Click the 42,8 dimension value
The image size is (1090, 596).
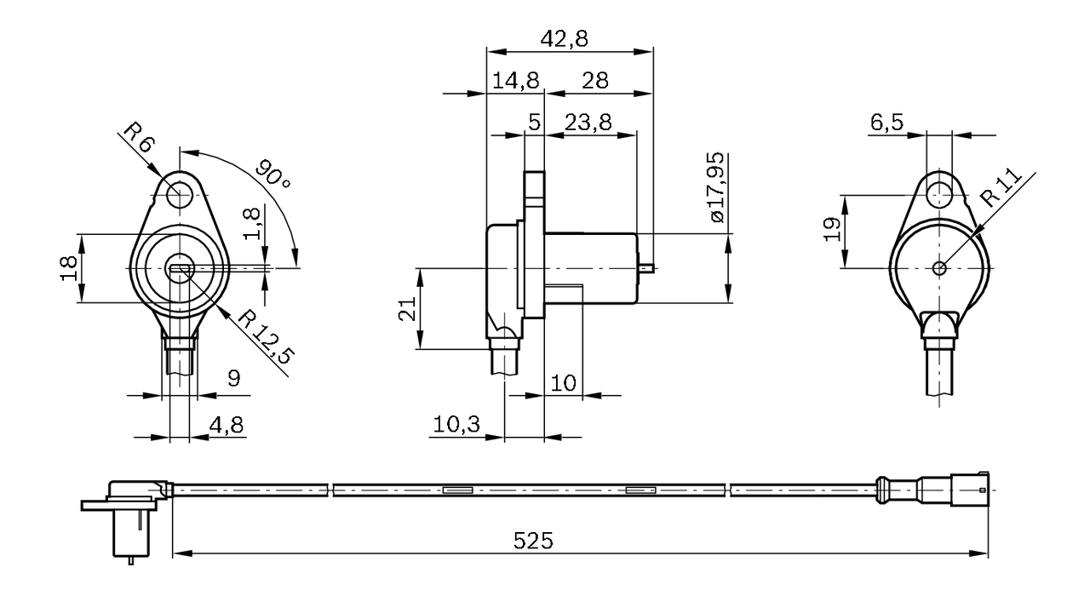pyautogui.click(x=565, y=38)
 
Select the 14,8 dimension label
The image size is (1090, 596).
pyautogui.click(x=515, y=80)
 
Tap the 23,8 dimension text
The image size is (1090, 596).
pyautogui.click(x=588, y=122)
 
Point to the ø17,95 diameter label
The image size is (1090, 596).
pyautogui.click(x=715, y=187)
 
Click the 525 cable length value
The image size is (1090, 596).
pyautogui.click(x=533, y=541)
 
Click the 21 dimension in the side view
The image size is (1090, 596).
pyautogui.click(x=409, y=308)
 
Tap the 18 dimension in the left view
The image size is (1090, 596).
pyautogui.click(x=70, y=268)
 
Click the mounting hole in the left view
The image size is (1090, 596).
pyautogui.click(x=179, y=195)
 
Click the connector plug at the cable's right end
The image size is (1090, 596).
pyautogui.click(x=971, y=490)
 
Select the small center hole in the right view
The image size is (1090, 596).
pyautogui.click(x=939, y=268)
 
